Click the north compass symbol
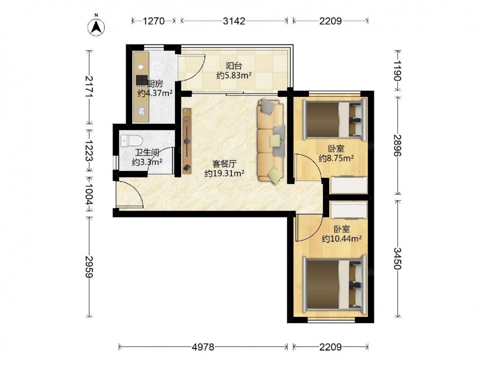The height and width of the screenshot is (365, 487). pos(96,27)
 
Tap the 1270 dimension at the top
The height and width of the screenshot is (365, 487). pos(153,21)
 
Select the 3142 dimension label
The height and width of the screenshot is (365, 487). pos(234,21)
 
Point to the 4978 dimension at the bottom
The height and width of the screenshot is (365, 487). pos(203,347)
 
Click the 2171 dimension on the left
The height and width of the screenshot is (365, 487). pos(90,87)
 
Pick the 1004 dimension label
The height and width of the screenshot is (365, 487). pos(90,194)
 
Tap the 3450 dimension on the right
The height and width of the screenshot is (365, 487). pos(398,258)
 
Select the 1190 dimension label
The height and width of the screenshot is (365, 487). pos(398,71)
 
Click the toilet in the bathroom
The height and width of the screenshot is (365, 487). pos(131,141)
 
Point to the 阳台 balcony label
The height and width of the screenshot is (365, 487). pos(234,66)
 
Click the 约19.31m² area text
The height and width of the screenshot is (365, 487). pos(224,173)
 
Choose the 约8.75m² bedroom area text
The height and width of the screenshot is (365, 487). pos(337,158)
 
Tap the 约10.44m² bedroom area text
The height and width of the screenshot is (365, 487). pos(342,238)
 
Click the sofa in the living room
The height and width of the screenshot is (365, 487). pos(271,140)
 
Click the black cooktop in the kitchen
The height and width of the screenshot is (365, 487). pos(142,80)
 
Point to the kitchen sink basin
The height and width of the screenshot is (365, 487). pos(142,111)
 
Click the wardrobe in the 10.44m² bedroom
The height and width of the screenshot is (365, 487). pos(349,210)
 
